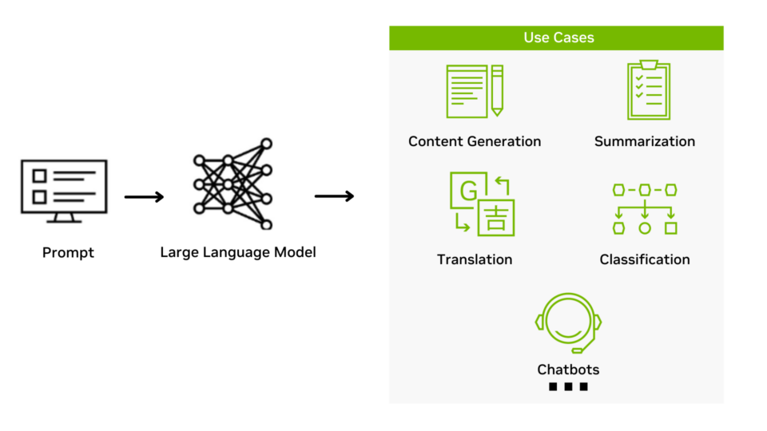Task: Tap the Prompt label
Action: coord(68,253)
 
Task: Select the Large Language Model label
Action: coord(238,252)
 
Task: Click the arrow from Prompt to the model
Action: coord(144,197)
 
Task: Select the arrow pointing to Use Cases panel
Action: coord(334,196)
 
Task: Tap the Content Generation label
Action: coord(475,141)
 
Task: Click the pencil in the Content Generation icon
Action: coord(497,90)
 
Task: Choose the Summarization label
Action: coord(645,141)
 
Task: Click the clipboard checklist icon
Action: coord(648,90)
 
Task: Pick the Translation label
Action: coord(475,259)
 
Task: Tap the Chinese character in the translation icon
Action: coord(495,218)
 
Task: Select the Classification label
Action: coord(645,259)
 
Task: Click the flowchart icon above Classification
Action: coord(645,208)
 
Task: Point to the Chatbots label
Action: coord(568,370)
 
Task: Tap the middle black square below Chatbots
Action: coord(568,387)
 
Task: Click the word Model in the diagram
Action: coord(295,252)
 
